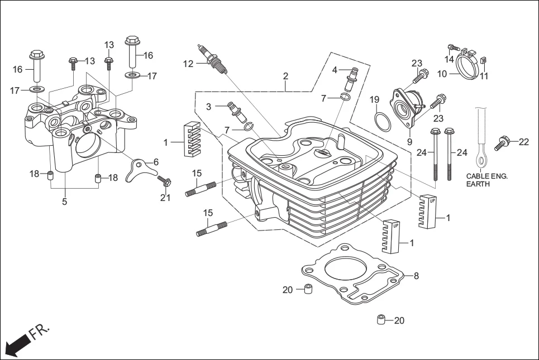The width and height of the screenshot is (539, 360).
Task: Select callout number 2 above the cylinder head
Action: point(285,75)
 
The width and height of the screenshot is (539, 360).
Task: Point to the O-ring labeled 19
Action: point(381,121)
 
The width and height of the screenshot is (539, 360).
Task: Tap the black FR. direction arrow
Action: point(16,344)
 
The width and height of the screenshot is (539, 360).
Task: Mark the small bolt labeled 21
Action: point(164,181)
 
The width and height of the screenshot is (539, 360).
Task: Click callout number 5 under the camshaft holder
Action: point(64,202)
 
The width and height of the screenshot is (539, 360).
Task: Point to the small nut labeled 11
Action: point(484,61)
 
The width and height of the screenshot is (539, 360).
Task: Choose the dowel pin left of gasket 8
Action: point(307,290)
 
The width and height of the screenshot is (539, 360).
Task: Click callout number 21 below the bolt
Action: point(165,198)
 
